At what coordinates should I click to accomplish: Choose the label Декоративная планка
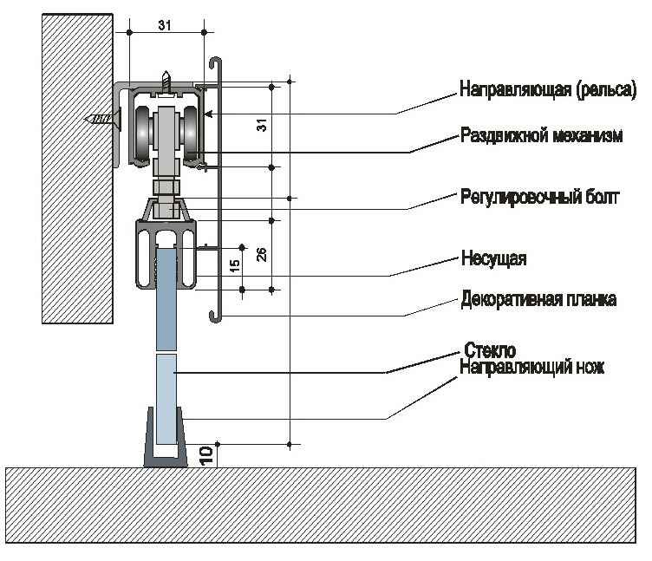[x=538, y=300]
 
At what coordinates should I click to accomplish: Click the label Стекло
[x=490, y=351]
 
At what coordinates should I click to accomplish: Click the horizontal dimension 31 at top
[x=165, y=25]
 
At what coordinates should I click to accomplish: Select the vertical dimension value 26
[x=262, y=254]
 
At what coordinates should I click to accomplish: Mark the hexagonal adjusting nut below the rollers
[x=166, y=186]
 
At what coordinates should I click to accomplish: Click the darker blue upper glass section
[x=166, y=299]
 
